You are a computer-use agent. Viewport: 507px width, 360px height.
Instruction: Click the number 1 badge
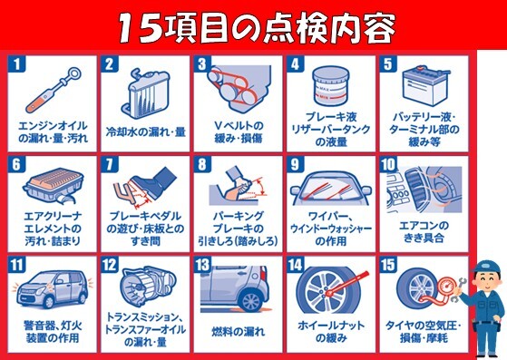[x=15, y=64]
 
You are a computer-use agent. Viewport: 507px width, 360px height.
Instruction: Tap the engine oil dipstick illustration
[x=54, y=90]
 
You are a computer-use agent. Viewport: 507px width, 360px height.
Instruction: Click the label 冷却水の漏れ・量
[x=146, y=131]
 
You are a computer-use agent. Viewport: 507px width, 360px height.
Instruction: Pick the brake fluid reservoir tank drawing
[x=331, y=86]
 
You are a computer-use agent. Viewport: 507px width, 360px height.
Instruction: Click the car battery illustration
[x=424, y=86]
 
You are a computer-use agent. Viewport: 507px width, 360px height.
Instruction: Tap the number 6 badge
[x=15, y=164]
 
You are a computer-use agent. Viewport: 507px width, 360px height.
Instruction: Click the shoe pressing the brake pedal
[x=154, y=181]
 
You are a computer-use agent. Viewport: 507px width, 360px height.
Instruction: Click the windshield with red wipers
[x=330, y=189]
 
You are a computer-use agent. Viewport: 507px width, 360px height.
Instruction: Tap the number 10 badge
[x=388, y=164]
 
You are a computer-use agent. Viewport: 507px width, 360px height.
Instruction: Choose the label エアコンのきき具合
[x=424, y=232]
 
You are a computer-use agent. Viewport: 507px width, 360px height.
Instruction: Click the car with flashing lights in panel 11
[x=53, y=289]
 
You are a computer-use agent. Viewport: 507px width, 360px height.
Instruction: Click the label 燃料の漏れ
[x=239, y=332]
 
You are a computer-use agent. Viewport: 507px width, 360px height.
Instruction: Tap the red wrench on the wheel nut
[x=348, y=284]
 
